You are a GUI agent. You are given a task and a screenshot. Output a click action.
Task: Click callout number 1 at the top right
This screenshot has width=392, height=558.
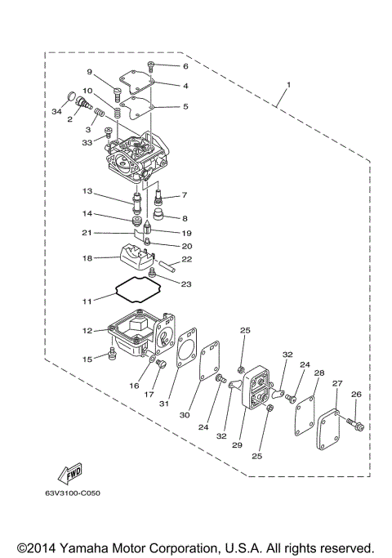287,85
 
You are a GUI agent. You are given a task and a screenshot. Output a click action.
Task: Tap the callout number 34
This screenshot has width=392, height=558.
56,110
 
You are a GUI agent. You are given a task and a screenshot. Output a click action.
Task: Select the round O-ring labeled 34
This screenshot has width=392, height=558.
69,96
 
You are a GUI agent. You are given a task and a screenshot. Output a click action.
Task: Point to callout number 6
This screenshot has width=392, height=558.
185,65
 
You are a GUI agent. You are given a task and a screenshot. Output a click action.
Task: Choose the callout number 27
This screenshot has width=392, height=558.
336,382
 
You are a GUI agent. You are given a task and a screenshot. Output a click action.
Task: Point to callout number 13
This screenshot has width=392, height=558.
87,191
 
